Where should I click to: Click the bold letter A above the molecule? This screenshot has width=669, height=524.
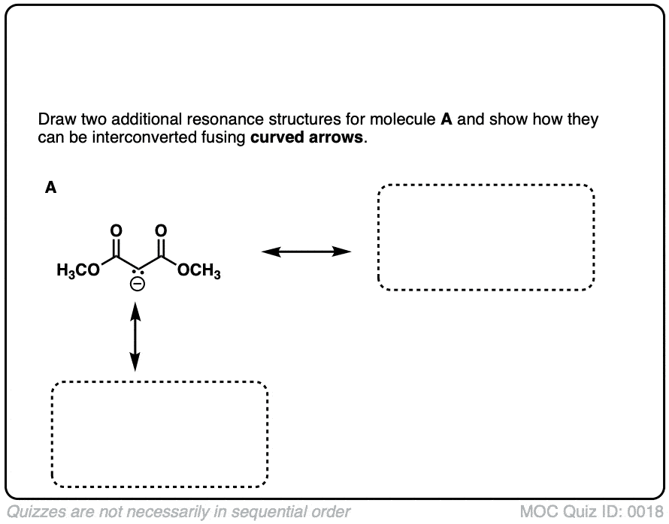click(x=50, y=188)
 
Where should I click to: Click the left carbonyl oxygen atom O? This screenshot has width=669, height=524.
click(x=114, y=229)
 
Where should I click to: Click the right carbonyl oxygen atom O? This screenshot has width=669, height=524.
click(x=161, y=229)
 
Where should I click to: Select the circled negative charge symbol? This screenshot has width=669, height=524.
click(x=137, y=285)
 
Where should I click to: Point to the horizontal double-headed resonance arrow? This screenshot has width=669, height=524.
click(x=306, y=251)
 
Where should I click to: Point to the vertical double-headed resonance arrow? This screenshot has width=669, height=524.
click(x=135, y=336)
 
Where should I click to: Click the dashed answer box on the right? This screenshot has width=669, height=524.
click(x=486, y=237)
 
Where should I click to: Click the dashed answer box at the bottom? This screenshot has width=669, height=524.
click(x=159, y=435)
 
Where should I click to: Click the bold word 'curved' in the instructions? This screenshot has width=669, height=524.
click(x=274, y=138)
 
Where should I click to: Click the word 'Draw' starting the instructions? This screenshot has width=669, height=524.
click(x=53, y=120)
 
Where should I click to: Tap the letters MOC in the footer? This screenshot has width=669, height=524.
click(x=537, y=512)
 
